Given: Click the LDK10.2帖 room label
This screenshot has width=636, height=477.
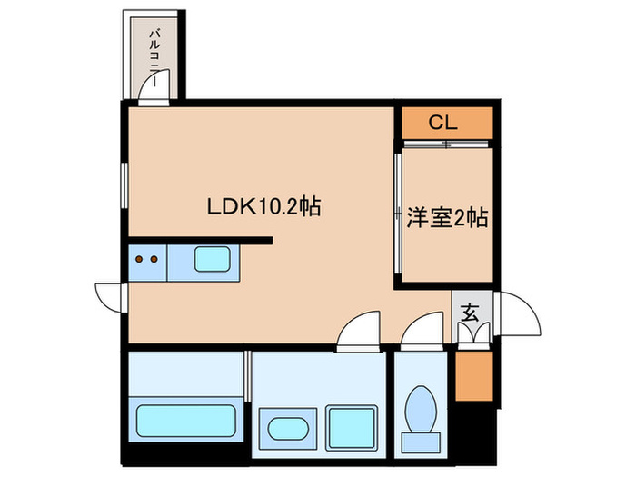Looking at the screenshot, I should pyautogui.click(x=263, y=206).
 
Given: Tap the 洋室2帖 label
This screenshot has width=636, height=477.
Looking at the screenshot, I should pyautogui.click(x=448, y=217).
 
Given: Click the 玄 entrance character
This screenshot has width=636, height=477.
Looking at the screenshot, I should pyautogui.click(x=470, y=313).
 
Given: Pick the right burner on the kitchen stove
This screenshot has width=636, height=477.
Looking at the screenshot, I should pyautogui.click(x=154, y=260).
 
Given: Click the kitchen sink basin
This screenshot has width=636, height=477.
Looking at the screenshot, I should pyautogui.click(x=212, y=260).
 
